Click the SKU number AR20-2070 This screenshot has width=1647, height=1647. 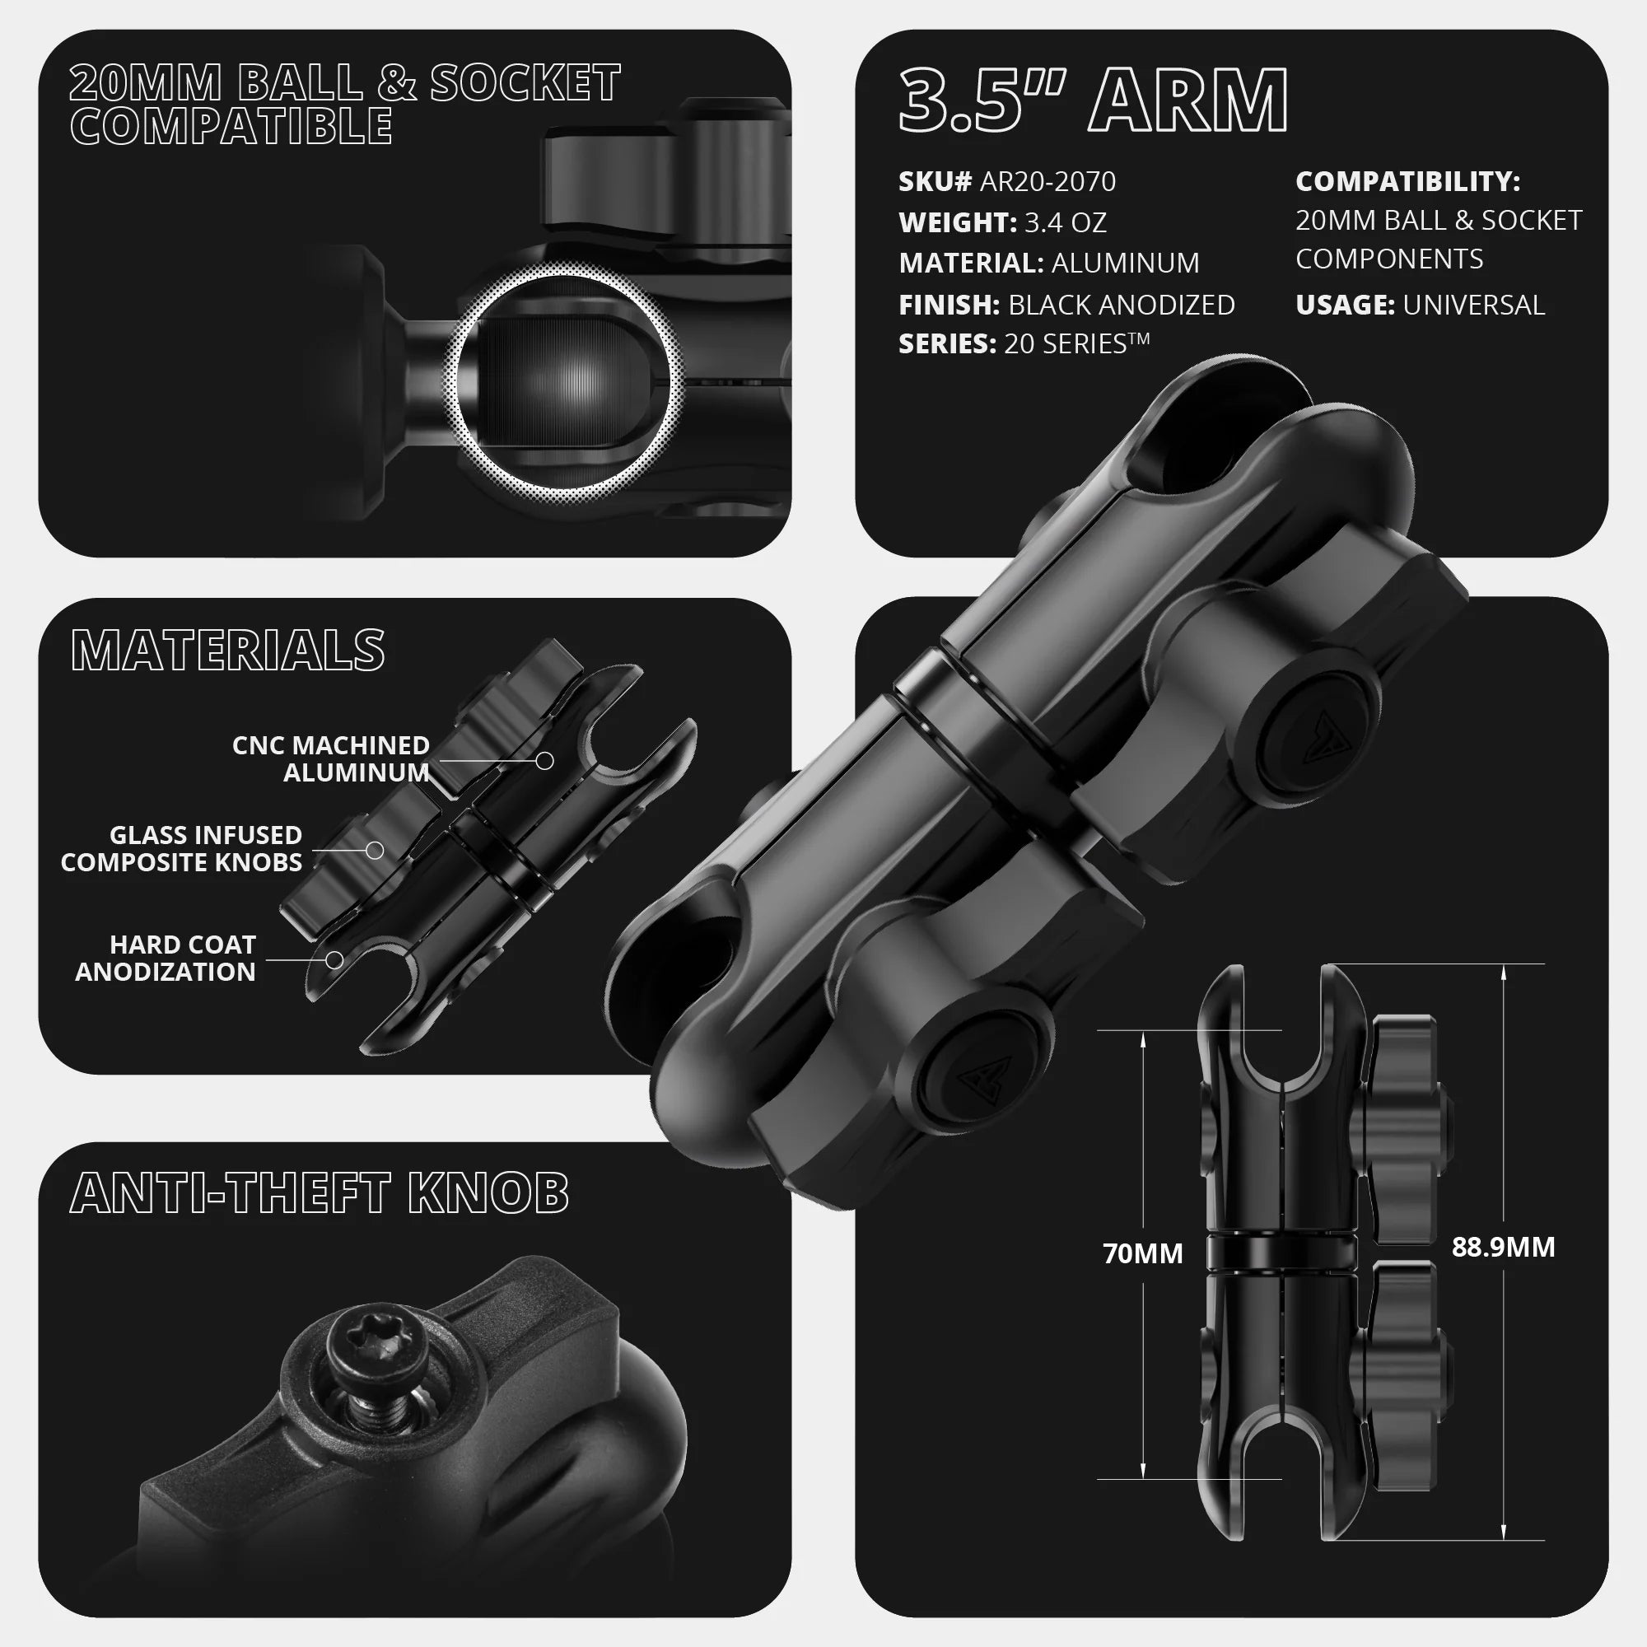tap(1047, 181)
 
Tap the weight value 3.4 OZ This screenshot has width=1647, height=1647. tap(1065, 222)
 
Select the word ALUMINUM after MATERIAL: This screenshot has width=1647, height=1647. tap(1125, 264)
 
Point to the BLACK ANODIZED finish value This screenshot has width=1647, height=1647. tap(1121, 305)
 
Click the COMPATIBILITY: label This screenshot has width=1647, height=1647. tap(1407, 181)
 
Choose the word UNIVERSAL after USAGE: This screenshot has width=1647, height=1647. tap(1473, 305)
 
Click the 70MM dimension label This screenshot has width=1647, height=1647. tap(1142, 1254)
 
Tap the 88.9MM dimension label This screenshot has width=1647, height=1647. tap(1503, 1247)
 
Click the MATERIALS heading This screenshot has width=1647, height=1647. tap(227, 651)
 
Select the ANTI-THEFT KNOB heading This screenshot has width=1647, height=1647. tap(319, 1192)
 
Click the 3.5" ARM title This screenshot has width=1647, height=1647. tap(1093, 101)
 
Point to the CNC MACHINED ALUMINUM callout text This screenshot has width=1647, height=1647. tap(332, 758)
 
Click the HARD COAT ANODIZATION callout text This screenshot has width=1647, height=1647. tap(166, 959)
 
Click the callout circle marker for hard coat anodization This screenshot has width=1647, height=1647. tap(335, 960)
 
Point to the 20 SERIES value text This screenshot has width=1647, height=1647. tap(1075, 343)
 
